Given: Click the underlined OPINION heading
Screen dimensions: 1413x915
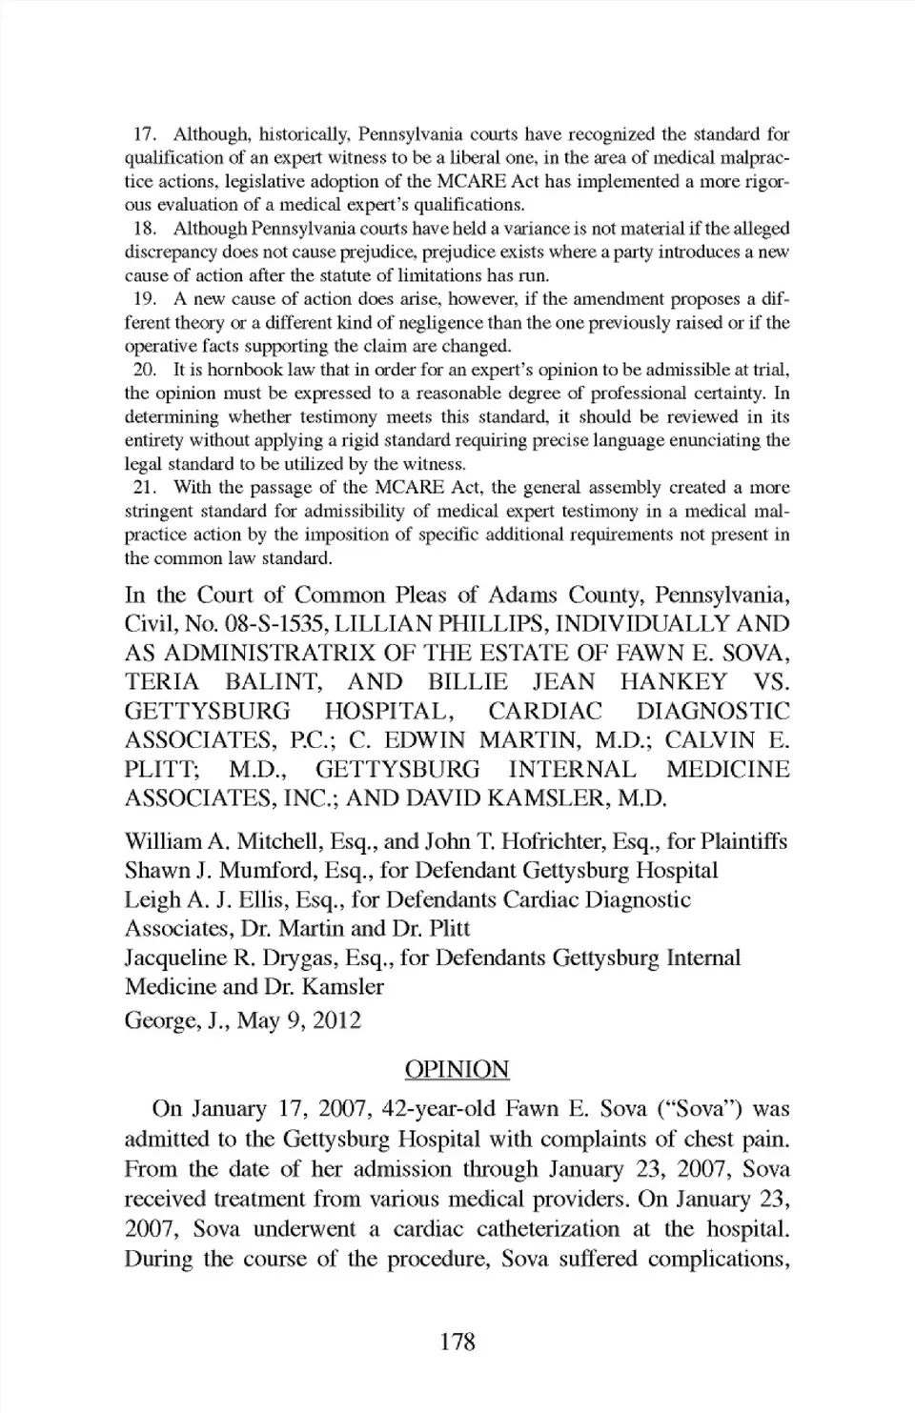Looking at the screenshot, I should [457, 1069].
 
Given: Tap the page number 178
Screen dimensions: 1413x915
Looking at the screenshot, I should [457, 1342].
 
